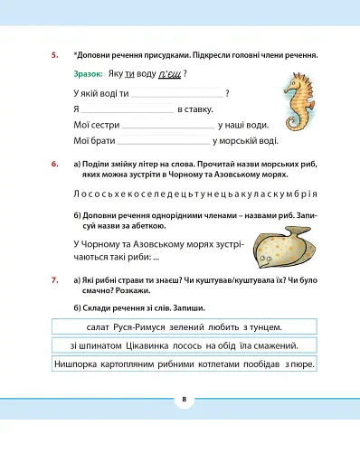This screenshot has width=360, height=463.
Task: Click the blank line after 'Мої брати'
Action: tap(163, 141)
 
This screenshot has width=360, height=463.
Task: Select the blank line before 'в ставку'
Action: tap(128, 110)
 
